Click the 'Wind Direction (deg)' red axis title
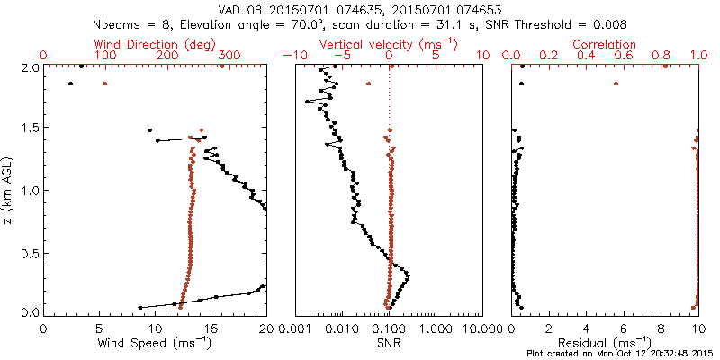pyautogui.click(x=155, y=43)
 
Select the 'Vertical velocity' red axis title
pyautogui.click(x=389, y=43)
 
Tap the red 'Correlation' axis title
pyautogui.click(x=605, y=43)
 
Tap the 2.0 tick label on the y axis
pyautogui.click(x=31, y=67)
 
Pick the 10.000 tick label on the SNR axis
pyautogui.click(x=473, y=328)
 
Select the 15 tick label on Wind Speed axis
pyautogui.click(x=211, y=328)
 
